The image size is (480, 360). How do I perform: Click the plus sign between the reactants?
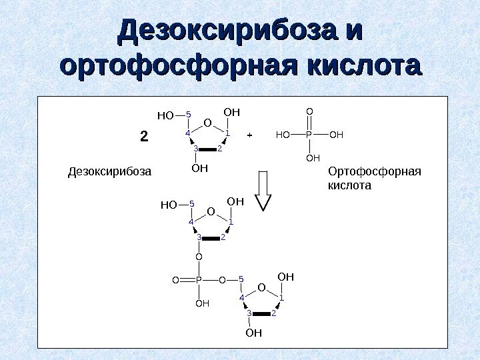[x=249, y=135]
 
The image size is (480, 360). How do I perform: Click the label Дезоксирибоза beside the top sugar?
[x=110, y=173]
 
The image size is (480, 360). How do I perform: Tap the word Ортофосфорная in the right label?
[x=375, y=172]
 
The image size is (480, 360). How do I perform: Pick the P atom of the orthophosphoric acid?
[x=309, y=135]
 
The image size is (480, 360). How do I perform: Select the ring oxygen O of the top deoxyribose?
[x=207, y=123]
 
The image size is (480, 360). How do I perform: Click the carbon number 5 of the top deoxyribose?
[x=189, y=115]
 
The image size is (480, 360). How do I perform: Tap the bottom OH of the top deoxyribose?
[x=199, y=168]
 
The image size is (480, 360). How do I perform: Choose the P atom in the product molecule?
[x=199, y=281]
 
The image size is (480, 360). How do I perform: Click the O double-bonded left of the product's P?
[x=175, y=281]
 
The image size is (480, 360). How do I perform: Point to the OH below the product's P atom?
[x=201, y=303]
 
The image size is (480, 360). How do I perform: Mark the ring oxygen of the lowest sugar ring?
[x=261, y=287]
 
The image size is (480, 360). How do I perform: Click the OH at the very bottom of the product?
[x=253, y=333]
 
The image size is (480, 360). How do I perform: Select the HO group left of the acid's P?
[x=283, y=135]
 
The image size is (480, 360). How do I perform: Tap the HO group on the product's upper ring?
[x=169, y=205]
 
